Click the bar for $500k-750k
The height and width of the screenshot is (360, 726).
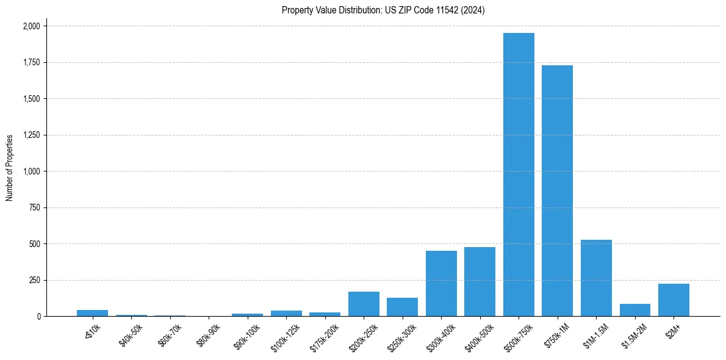pyautogui.click(x=519, y=175)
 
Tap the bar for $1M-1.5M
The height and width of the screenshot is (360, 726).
pyautogui.click(x=596, y=278)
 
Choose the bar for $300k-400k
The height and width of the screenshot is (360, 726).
pyautogui.click(x=441, y=284)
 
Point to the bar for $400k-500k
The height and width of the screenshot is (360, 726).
pyautogui.click(x=480, y=282)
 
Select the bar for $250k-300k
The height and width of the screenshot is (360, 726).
pyautogui.click(x=402, y=307)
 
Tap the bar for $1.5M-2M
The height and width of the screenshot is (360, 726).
pyautogui.click(x=634, y=310)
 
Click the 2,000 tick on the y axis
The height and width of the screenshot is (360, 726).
pyautogui.click(x=32, y=26)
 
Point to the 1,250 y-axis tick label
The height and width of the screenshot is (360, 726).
pyautogui.click(x=32, y=135)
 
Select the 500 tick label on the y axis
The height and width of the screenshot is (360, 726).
pyautogui.click(x=35, y=244)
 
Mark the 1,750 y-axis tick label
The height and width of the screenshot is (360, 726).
pyautogui.click(x=32, y=62)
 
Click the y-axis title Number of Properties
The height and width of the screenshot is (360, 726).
pyautogui.click(x=9, y=168)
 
